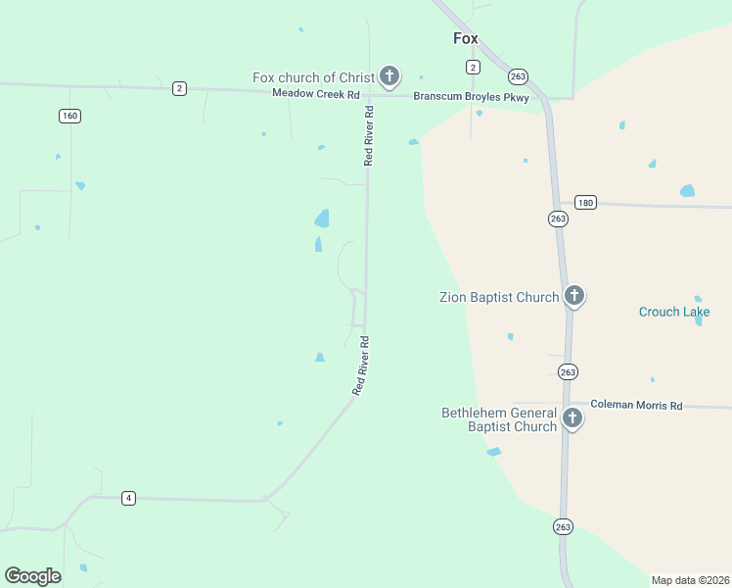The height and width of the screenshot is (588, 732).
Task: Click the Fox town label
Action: (x=466, y=39)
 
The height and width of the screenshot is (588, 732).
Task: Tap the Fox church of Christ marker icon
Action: (x=389, y=75)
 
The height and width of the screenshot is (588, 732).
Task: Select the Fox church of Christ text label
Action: (x=313, y=78)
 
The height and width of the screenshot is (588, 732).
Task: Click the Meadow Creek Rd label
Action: (x=316, y=95)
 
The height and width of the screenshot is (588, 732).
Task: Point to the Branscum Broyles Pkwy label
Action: (x=471, y=97)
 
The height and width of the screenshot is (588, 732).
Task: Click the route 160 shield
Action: (x=69, y=116)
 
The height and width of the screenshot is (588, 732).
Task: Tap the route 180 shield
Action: (x=585, y=202)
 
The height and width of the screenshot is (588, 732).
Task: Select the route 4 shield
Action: (x=128, y=498)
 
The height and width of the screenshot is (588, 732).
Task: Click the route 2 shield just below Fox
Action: (x=473, y=67)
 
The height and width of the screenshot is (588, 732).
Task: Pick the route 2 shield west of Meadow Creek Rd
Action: (x=179, y=88)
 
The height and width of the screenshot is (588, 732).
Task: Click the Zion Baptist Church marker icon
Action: (x=574, y=295)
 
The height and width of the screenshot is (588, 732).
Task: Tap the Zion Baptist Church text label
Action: (x=498, y=297)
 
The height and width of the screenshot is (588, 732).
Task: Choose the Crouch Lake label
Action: (x=674, y=313)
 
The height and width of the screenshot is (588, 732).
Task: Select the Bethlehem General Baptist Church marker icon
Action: (x=572, y=418)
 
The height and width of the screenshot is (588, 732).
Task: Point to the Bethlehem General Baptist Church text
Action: (x=499, y=419)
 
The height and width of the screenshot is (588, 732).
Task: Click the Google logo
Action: (x=32, y=576)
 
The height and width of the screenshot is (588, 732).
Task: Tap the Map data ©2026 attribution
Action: (x=690, y=580)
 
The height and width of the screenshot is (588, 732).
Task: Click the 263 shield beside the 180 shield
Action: (x=558, y=219)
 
